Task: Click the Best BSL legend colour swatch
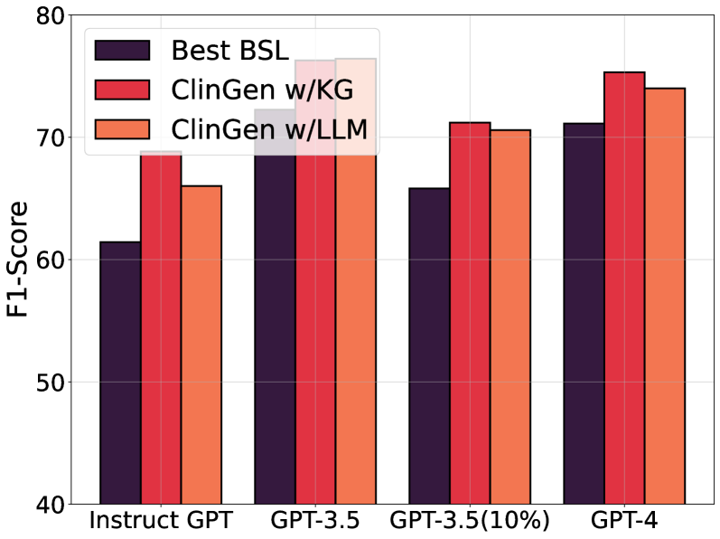[123, 50]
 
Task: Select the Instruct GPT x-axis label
[160, 523]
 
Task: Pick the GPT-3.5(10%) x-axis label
[469, 523]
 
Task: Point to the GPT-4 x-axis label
[624, 523]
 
